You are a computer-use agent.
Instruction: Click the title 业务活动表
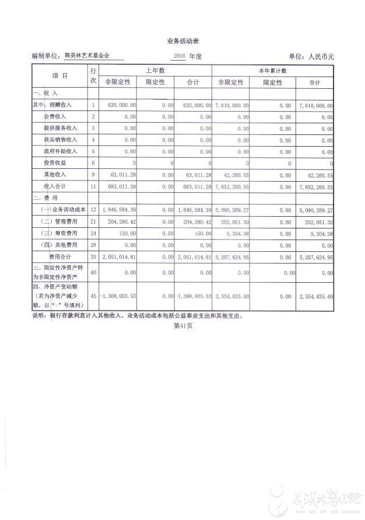coord(182,41)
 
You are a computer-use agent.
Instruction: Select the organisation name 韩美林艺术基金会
coord(86,57)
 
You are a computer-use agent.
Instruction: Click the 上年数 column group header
coord(156,70)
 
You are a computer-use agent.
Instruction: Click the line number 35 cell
coord(93,256)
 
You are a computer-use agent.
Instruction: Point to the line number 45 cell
coord(93,297)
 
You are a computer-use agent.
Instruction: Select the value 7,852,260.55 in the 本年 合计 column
coord(315,186)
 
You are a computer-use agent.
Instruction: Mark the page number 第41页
coord(182,327)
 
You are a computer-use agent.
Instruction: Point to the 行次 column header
coord(93,76)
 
